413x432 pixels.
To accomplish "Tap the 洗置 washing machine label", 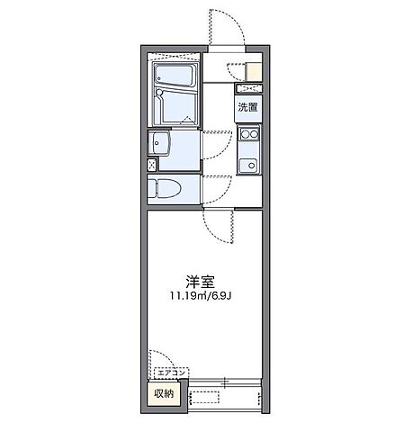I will [247, 108].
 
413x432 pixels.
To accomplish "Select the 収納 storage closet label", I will [163, 394].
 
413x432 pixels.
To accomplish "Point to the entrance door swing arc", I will [223, 25].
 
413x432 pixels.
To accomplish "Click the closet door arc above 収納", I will [164, 360].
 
